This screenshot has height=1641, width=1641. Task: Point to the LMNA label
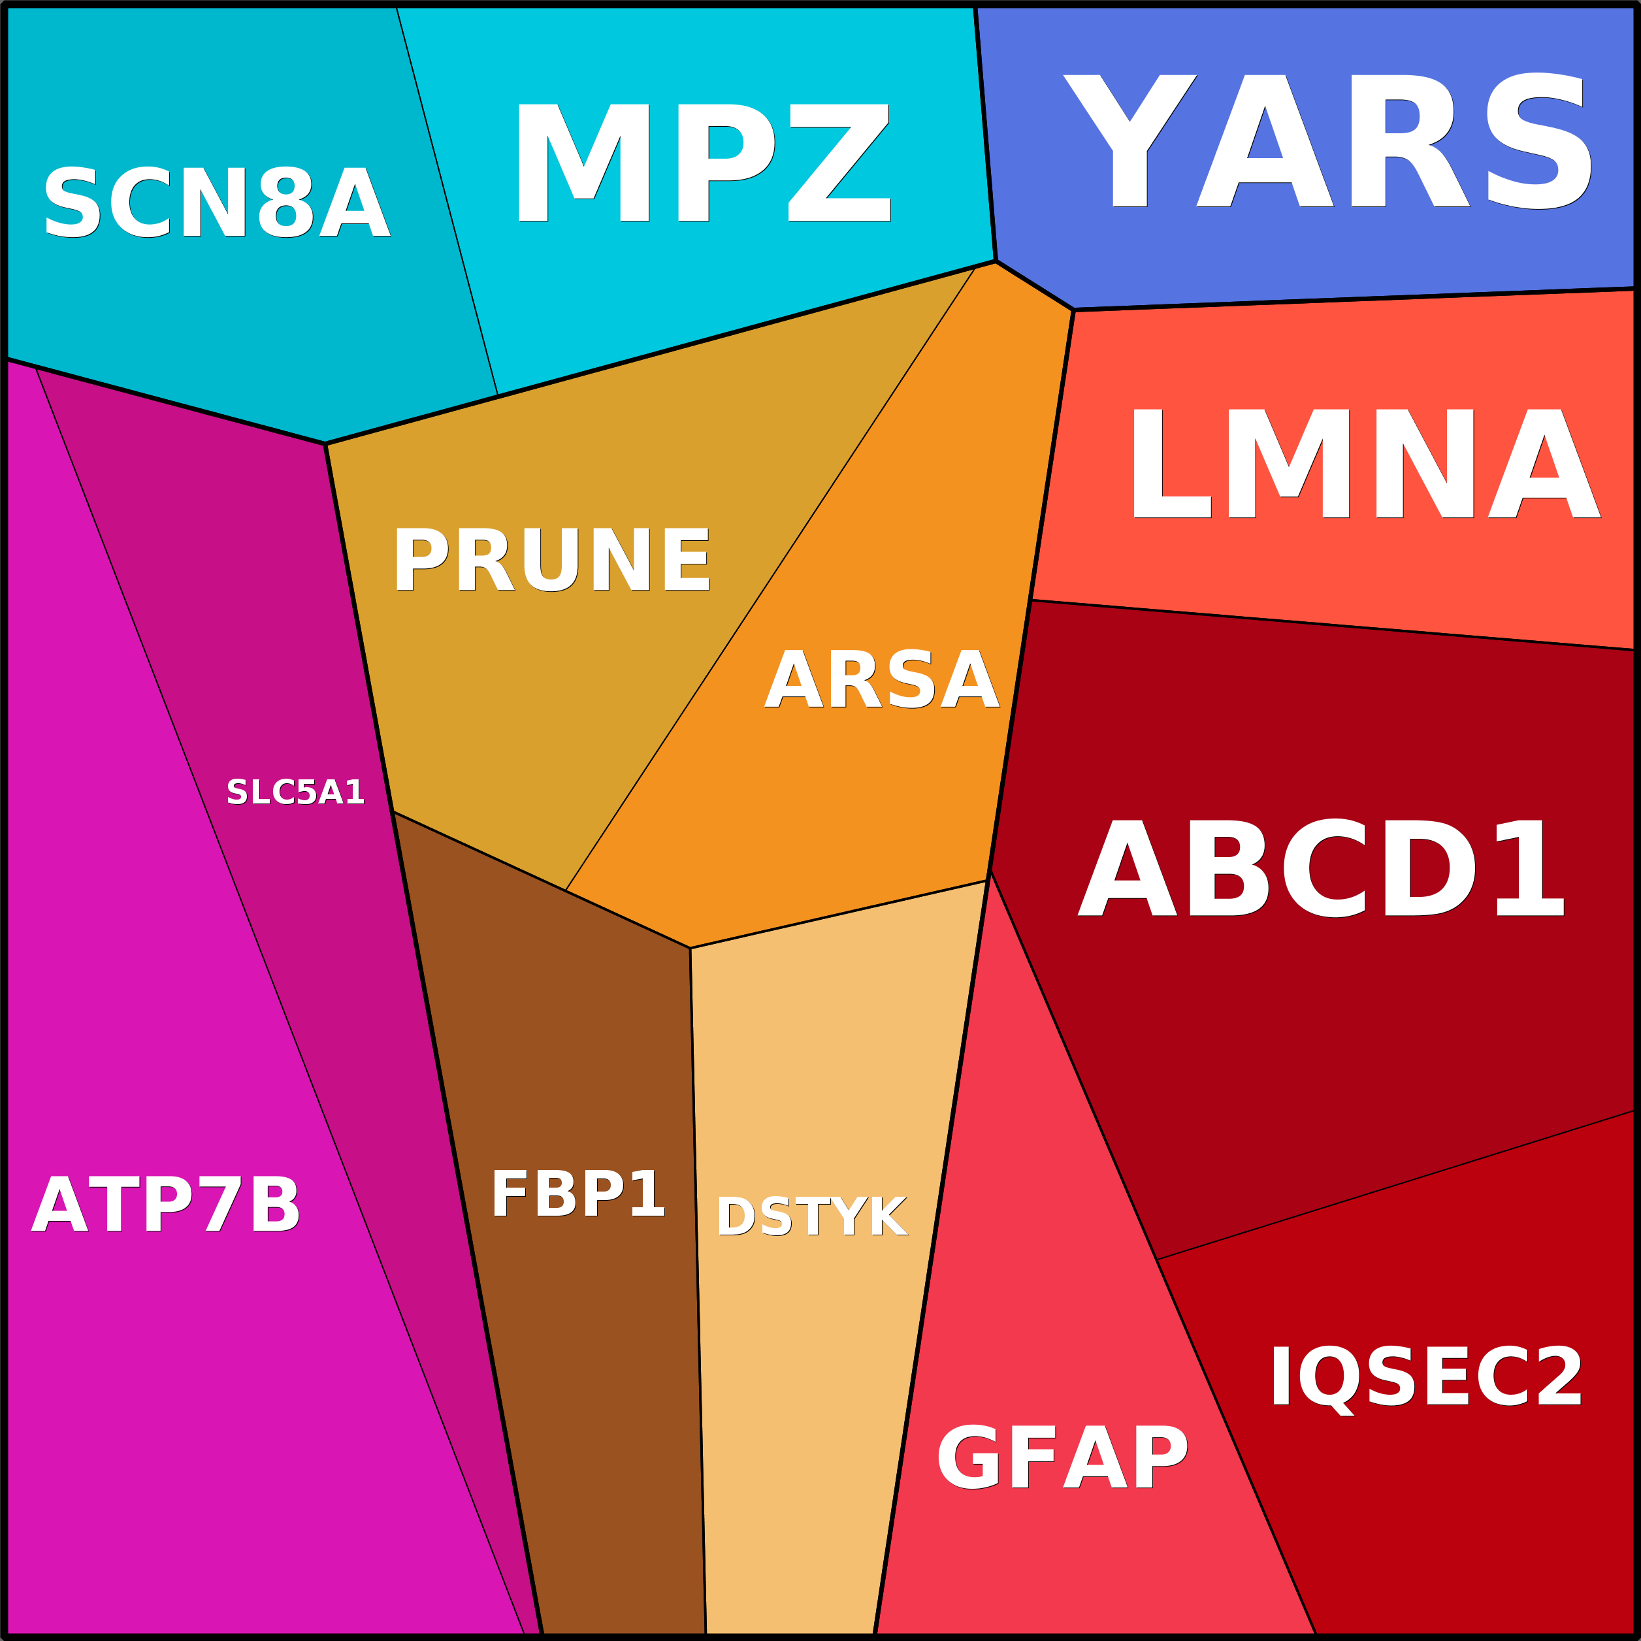coord(1364,464)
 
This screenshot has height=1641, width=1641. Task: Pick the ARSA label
coord(882,679)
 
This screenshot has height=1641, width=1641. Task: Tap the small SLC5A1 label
coord(295,792)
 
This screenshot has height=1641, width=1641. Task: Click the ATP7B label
coord(166,1205)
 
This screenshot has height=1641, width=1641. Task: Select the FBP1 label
coord(577,1194)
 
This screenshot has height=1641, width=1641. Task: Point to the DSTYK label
coord(812,1217)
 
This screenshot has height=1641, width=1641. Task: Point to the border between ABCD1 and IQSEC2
coord(1393,1186)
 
